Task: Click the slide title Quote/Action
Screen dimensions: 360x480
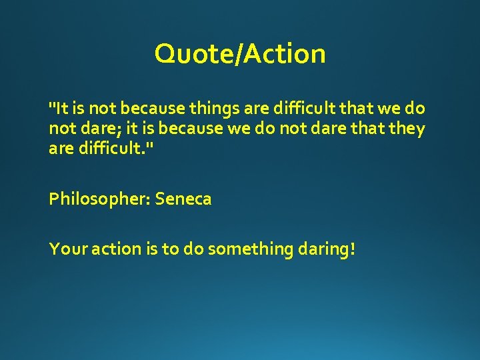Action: point(240,53)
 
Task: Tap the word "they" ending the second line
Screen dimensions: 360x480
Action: point(408,128)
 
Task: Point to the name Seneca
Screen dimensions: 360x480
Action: point(183,199)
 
